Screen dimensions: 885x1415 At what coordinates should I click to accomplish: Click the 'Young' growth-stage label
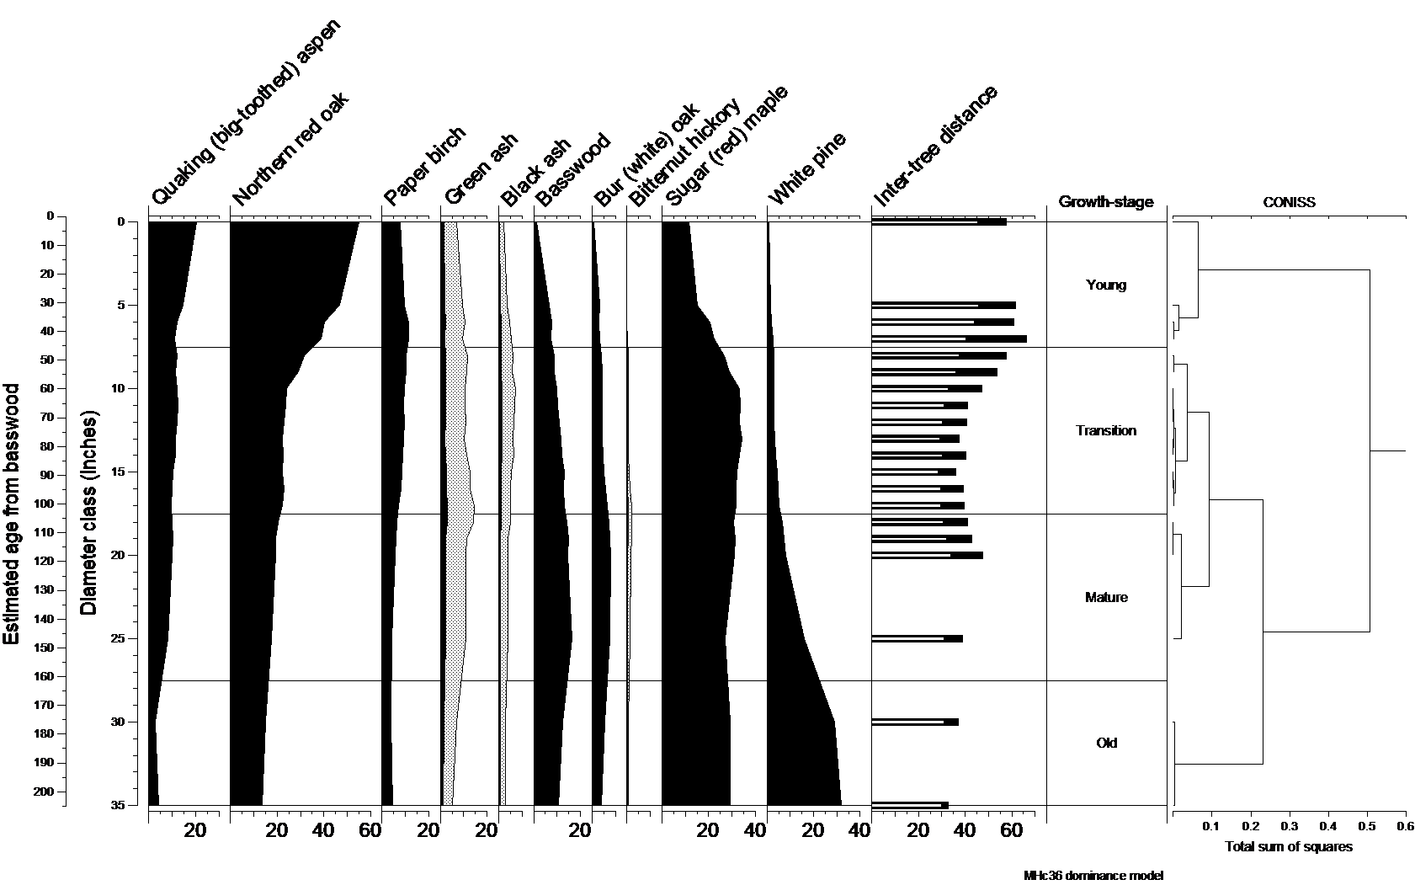pos(1106,285)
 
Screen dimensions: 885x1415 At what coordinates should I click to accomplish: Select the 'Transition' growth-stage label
pos(1106,430)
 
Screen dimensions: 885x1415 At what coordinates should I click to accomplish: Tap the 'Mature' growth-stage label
pos(1106,598)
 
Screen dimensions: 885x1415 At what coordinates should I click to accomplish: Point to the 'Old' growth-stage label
pos(1106,743)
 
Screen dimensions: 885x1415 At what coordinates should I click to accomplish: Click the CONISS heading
pos(1289,202)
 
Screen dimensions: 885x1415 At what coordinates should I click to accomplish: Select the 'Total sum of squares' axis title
pos(1288,846)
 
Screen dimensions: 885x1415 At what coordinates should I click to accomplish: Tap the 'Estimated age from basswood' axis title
pos(12,514)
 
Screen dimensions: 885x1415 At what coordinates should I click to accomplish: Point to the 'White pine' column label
pos(806,168)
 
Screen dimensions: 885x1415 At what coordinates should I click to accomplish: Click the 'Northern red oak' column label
pos(290,150)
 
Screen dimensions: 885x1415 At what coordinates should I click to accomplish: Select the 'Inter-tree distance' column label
pos(936,147)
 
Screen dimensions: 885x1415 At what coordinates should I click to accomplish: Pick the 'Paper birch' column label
pos(424,167)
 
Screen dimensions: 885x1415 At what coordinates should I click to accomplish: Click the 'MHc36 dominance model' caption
pos(1093,876)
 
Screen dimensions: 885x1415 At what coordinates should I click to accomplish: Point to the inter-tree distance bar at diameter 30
pos(915,722)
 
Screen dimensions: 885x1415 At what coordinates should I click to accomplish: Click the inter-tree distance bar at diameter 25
pos(917,638)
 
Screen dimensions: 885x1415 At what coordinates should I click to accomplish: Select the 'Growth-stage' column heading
pos(1106,202)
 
